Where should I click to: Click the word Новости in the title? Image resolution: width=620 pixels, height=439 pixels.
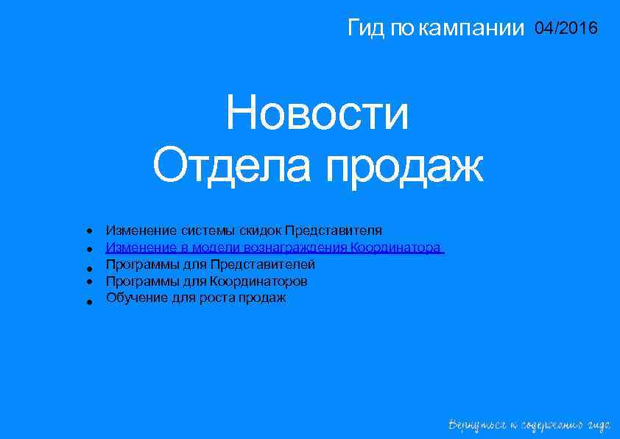tap(317, 115)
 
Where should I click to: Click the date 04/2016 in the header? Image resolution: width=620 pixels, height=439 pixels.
tap(566, 29)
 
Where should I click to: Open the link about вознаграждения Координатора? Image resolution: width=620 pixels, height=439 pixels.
tap(274, 247)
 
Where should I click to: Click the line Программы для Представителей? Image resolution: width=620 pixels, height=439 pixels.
tap(211, 264)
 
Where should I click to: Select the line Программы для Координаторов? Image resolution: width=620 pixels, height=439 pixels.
tap(207, 281)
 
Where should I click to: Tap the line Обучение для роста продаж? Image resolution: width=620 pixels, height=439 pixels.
tap(196, 298)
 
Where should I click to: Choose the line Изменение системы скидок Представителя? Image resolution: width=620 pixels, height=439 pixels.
tap(244, 231)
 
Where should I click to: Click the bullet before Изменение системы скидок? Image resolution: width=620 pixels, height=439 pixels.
tap(88, 231)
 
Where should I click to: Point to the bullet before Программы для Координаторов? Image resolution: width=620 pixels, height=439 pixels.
tap(88, 282)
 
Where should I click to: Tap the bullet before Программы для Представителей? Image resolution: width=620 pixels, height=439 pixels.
tap(88, 267)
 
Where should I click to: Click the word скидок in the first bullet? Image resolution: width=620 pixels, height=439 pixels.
tap(264, 231)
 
